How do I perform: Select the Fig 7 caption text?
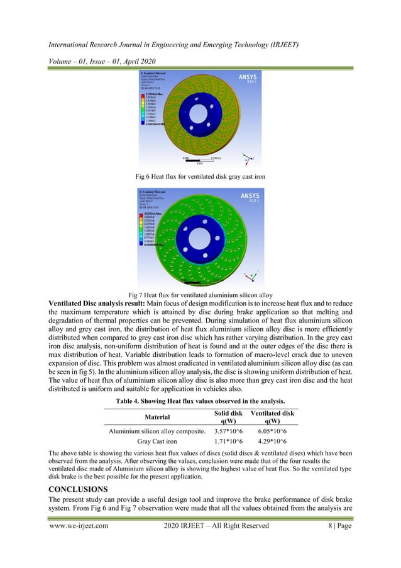pyautogui.click(x=200, y=295)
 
